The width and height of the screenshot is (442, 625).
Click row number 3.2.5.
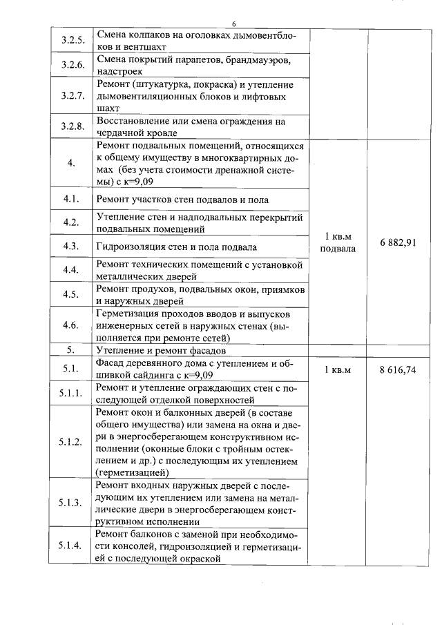(72, 40)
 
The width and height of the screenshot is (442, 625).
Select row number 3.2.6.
(72, 65)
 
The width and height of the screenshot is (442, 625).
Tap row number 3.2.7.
(72, 95)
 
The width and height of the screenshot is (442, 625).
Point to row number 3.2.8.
(72, 126)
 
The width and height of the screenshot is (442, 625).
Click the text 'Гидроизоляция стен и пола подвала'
(177, 247)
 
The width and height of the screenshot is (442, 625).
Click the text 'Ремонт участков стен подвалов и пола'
(182, 200)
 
